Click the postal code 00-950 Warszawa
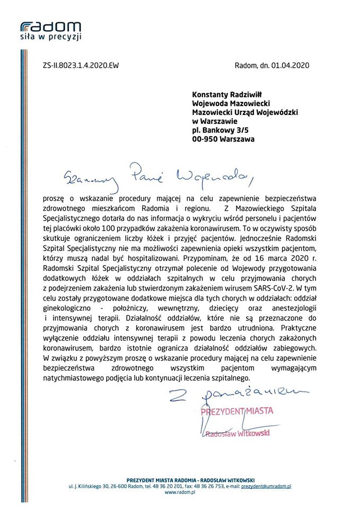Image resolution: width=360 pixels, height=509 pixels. pos(223,139)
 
